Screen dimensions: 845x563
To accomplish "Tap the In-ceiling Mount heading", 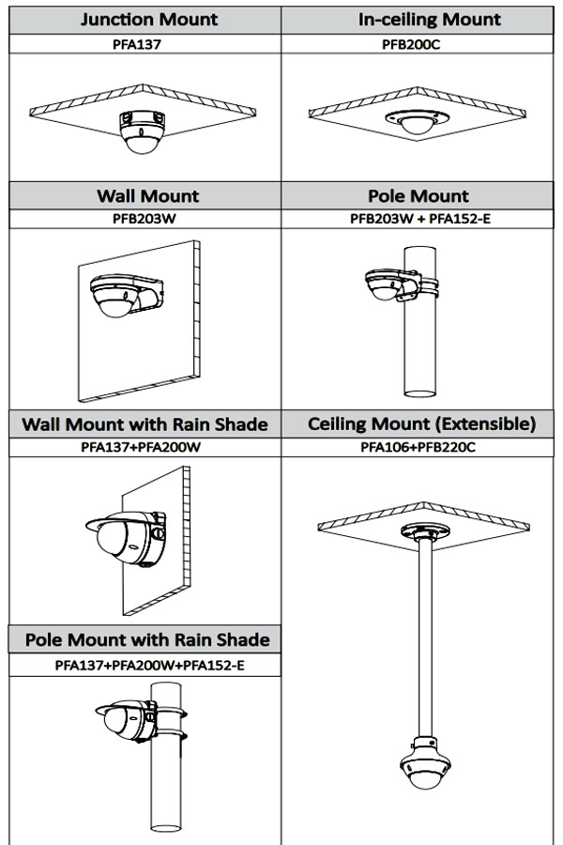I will (x=421, y=19).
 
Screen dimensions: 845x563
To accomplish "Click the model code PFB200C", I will (x=421, y=43).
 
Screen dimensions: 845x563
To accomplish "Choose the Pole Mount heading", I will (x=421, y=196).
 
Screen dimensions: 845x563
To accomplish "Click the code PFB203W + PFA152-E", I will (x=421, y=219).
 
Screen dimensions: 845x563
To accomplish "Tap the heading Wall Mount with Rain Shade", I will (x=145, y=424).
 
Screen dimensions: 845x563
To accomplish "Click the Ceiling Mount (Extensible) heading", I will (x=421, y=424).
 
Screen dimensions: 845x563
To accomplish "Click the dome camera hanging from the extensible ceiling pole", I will (x=420, y=772).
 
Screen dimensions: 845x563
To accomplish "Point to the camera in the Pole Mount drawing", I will (x=385, y=284).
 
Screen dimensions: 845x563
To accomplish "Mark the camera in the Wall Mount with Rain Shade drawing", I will (x=120, y=534).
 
